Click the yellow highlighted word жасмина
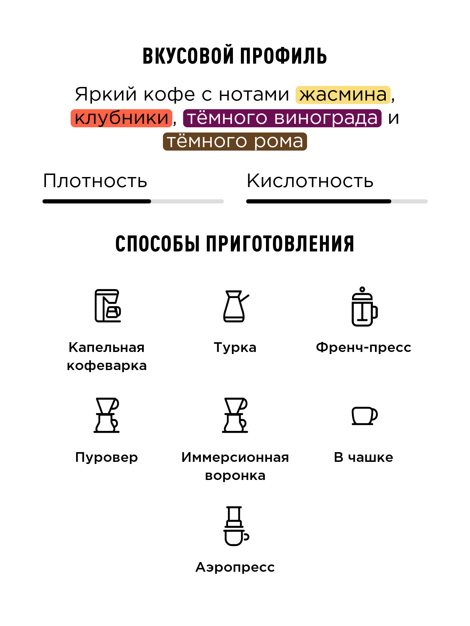[343, 95]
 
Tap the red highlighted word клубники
[122, 118]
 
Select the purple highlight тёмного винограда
[282, 118]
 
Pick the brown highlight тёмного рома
[235, 141]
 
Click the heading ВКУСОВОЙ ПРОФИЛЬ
[235, 56]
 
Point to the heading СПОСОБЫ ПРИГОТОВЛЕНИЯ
[235, 243]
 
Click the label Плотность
[95, 181]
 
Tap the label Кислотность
[310, 181]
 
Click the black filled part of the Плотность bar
[97, 201]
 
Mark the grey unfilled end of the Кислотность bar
[409, 201]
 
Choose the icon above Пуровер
[107, 415]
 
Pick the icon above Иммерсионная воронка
[235, 415]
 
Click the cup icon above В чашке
[364, 416]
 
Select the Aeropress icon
[235, 526]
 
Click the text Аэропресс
[235, 567]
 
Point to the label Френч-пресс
[363, 347]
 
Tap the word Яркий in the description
[106, 95]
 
